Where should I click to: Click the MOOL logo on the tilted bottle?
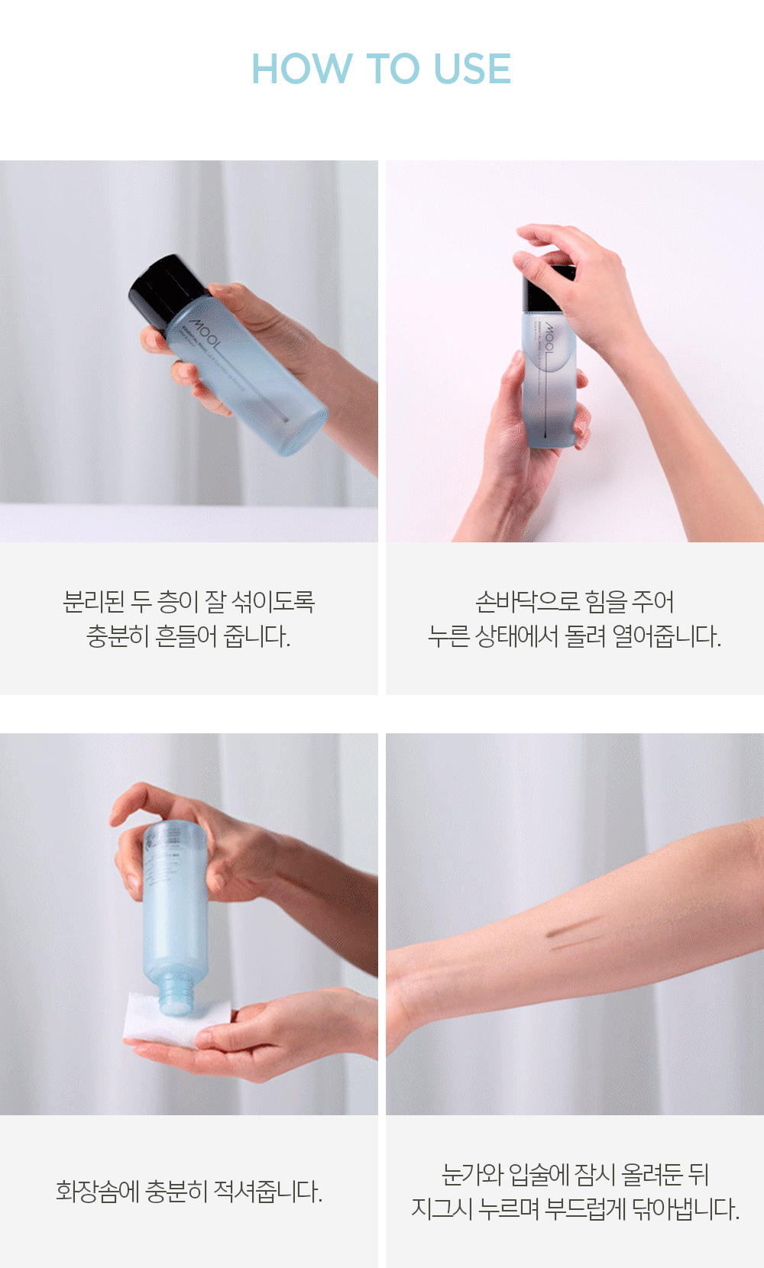tap(205, 335)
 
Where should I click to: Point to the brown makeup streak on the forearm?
tap(575, 931)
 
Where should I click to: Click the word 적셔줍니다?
tap(268, 1191)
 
